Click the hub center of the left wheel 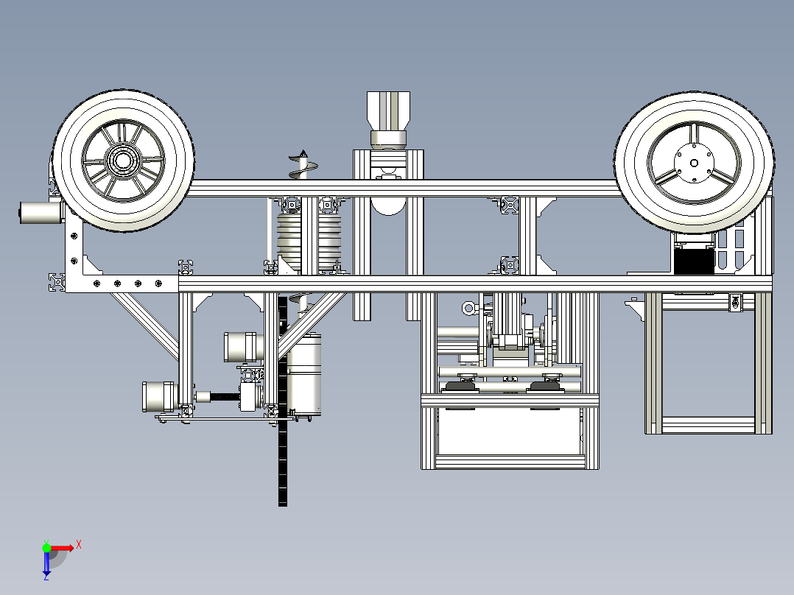122,161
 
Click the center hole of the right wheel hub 695,163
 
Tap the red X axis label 79,545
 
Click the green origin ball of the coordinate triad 46,548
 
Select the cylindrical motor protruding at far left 41,212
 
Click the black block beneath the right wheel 695,261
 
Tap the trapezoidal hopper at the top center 388,110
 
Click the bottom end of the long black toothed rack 283,505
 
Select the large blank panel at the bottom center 509,431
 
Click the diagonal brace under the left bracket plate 144,323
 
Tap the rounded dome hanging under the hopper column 388,206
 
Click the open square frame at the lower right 708,363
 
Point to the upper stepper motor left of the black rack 244,347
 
